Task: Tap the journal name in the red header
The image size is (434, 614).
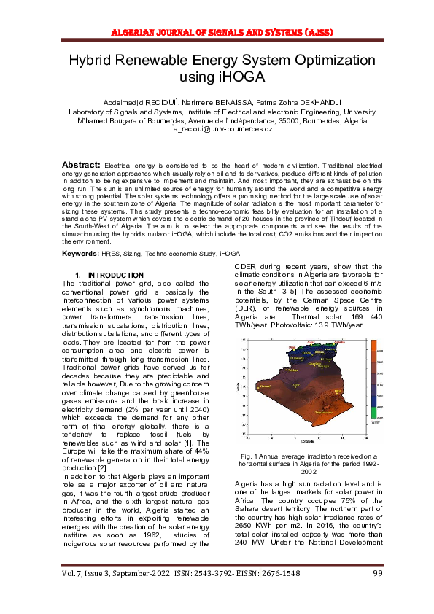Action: coord(217,31)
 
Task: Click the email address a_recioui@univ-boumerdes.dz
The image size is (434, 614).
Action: coord(217,128)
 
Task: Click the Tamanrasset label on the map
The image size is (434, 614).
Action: coord(324,412)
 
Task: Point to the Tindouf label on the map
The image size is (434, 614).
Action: coord(264,386)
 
